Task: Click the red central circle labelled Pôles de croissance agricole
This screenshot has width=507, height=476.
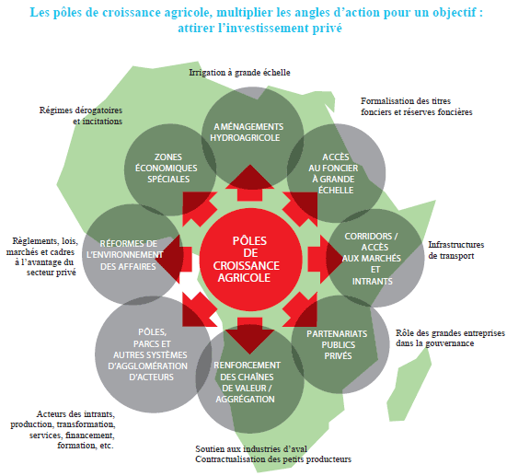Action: point(251,260)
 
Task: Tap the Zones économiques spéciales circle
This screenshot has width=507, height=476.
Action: point(170,169)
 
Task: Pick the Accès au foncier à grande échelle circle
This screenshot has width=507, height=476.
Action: point(336,173)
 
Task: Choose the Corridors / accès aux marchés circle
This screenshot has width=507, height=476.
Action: point(375,258)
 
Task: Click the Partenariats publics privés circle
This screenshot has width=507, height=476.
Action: point(340,344)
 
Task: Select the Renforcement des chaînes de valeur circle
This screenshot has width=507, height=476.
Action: point(249,379)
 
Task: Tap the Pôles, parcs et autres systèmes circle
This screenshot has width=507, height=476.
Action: point(154,354)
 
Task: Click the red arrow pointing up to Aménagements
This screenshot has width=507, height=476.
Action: point(249,183)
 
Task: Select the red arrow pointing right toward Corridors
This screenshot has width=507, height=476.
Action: point(324,260)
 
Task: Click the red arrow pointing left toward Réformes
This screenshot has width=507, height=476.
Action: point(173,260)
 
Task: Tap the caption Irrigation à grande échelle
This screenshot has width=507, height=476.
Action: point(239,73)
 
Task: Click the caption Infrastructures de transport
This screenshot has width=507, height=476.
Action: point(455,250)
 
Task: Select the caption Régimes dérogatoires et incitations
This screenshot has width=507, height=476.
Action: point(81,115)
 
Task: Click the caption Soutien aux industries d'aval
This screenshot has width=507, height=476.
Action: point(251,448)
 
